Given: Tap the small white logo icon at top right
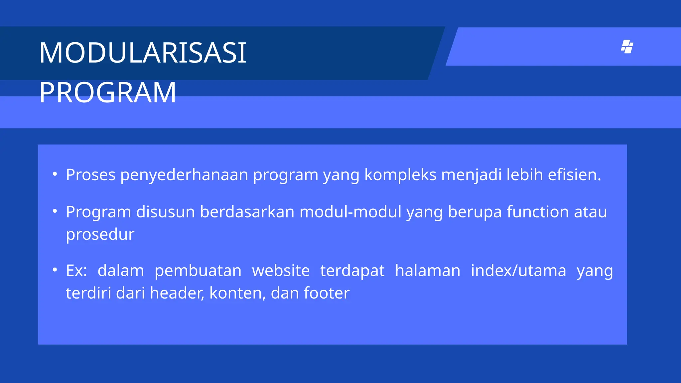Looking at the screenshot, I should (x=627, y=47).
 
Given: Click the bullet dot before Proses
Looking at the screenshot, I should (x=55, y=174).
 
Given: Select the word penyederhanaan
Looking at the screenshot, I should (x=184, y=175).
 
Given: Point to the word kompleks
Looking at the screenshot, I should (x=400, y=175).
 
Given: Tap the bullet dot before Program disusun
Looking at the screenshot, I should (x=55, y=211).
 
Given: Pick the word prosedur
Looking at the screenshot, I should (x=100, y=235).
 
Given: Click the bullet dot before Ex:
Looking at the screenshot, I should (x=55, y=270).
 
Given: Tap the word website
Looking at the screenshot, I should (x=281, y=271).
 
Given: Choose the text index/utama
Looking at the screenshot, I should (x=518, y=271).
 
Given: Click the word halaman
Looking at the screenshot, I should (x=428, y=271).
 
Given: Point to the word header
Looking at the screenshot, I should (x=177, y=293).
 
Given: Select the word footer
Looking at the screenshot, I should (x=326, y=293).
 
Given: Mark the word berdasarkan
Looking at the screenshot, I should (x=247, y=212).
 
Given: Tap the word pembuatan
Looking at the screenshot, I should (x=198, y=271).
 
